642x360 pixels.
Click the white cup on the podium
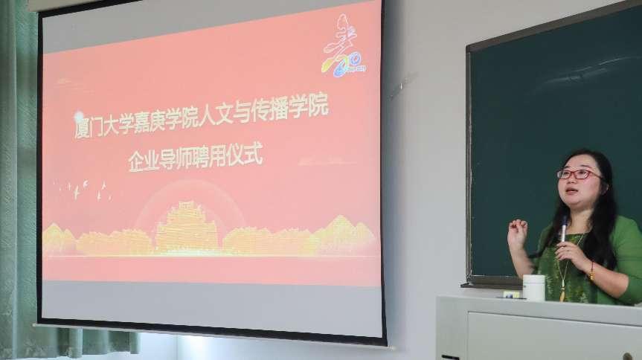coord(534,288)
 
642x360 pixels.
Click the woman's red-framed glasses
coord(578,175)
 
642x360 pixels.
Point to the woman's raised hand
coord(517,234)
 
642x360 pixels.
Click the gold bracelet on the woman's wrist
coord(591,271)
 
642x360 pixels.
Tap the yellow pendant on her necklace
coord(562,294)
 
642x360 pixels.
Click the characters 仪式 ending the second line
coord(245,155)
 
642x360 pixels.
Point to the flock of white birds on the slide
coord(83,191)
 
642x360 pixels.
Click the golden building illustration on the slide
coord(187,227)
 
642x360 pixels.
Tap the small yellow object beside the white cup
coord(511,294)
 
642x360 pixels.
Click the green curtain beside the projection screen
coord(19,180)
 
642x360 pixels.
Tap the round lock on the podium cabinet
coord(627,356)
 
